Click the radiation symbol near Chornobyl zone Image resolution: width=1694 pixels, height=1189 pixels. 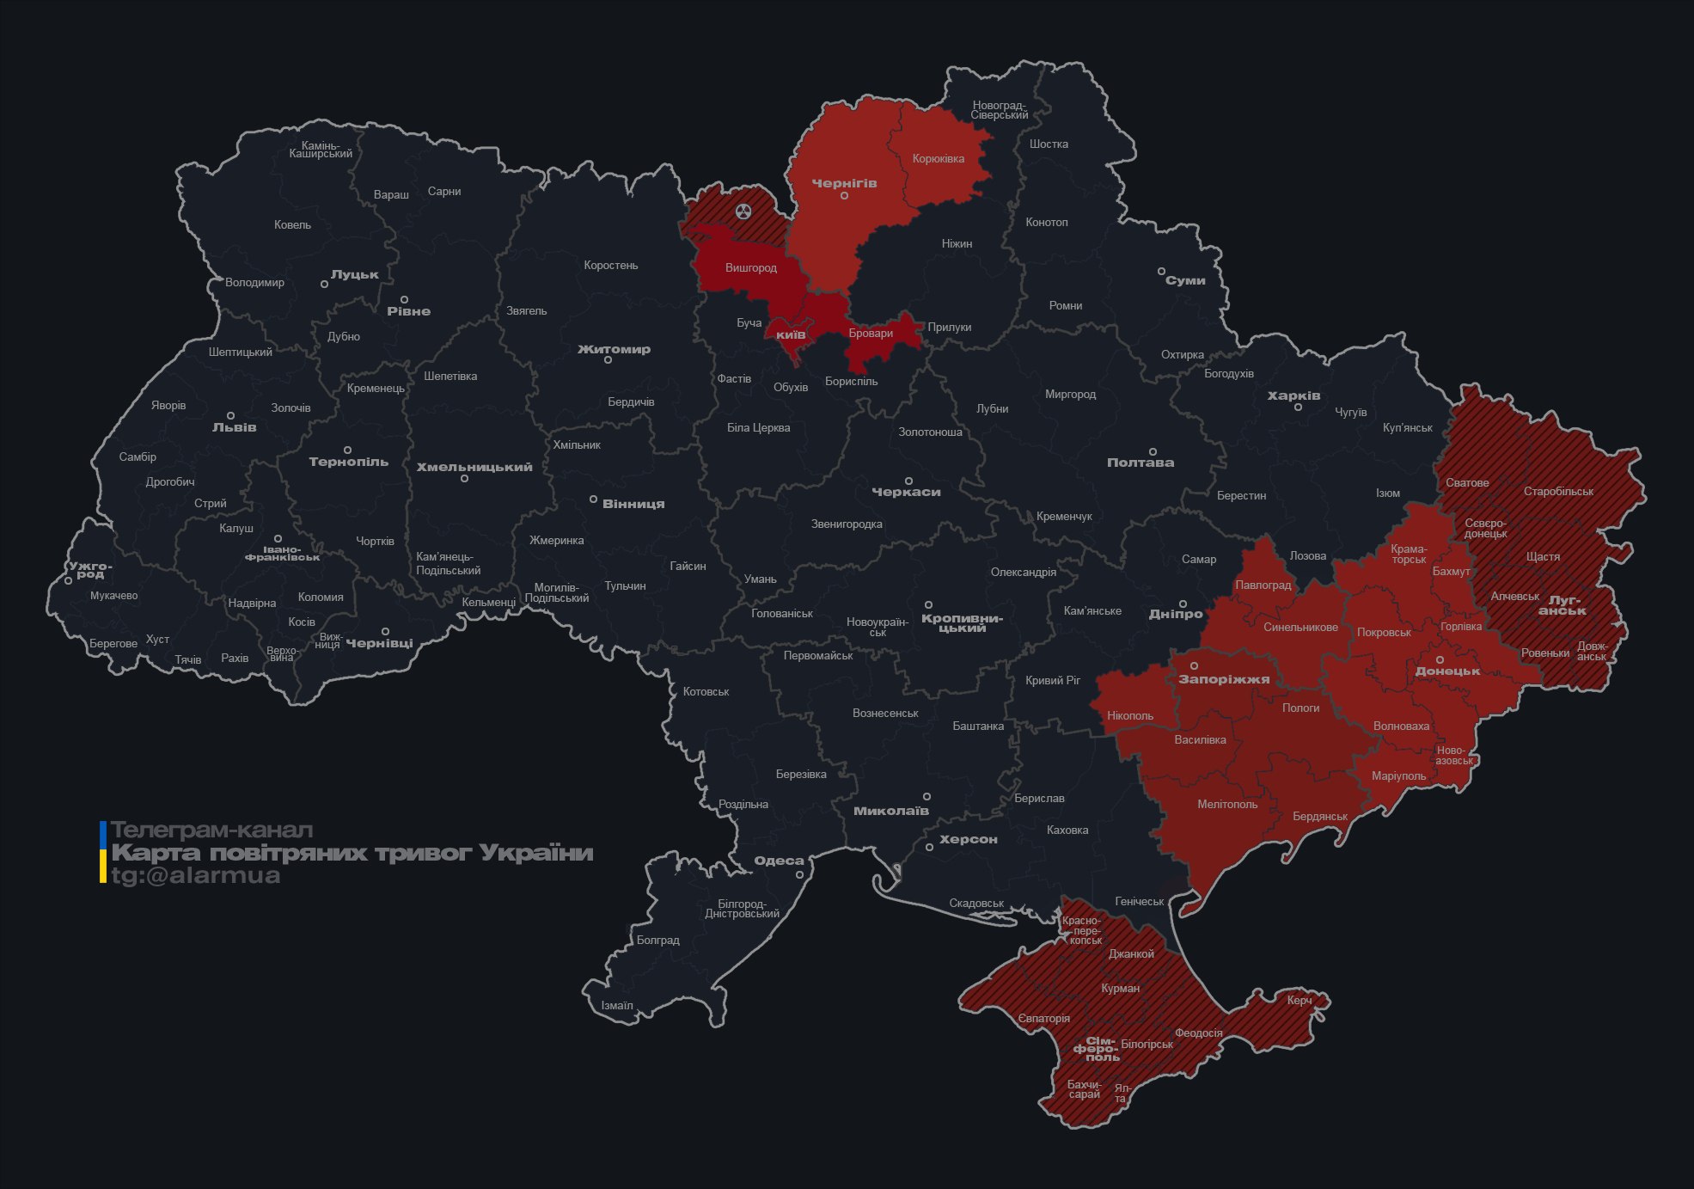tap(743, 211)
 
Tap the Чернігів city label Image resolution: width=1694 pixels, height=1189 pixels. tap(844, 183)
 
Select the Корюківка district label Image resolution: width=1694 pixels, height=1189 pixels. tap(938, 159)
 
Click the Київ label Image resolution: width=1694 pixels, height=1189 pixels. tap(791, 334)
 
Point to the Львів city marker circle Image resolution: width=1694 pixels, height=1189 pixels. tap(230, 415)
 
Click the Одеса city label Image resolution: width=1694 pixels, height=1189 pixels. tap(779, 861)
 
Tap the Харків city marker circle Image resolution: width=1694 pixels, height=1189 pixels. tap(1298, 407)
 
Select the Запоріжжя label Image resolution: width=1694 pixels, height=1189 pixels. tap(1224, 679)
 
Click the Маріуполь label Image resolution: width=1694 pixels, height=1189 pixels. tap(1398, 776)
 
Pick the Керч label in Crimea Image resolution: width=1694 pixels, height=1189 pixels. tap(1299, 1000)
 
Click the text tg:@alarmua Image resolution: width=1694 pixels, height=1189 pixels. tap(196, 875)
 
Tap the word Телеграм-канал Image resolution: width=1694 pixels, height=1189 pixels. tap(211, 830)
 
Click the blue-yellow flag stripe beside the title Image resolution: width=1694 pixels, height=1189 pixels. tap(103, 852)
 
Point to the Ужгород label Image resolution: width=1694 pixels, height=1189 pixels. tap(90, 569)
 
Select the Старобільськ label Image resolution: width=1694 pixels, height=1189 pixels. tap(1558, 492)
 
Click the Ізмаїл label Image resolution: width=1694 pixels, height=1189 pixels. tap(616, 1005)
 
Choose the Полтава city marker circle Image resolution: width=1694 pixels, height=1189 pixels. tap(1153, 451)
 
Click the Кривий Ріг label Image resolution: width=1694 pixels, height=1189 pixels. tap(1052, 680)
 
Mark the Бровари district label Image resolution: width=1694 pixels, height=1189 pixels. tap(871, 334)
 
